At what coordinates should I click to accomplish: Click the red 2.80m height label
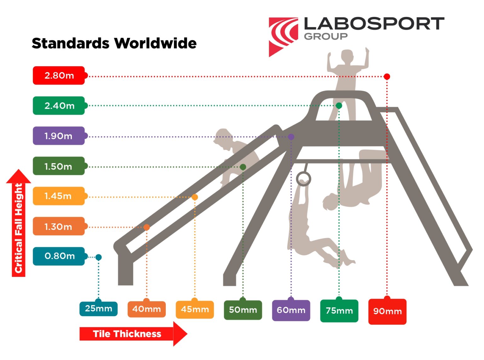[59, 76]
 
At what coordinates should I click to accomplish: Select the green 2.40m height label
[59, 106]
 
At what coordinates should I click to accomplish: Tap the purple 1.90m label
[59, 136]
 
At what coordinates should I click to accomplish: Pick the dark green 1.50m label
[59, 166]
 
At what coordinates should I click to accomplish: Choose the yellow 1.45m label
[59, 196]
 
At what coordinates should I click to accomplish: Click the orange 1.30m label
[59, 226]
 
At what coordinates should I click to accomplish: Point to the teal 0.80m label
[59, 256]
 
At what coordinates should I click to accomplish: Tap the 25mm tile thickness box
[98, 309]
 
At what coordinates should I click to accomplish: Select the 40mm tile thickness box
[147, 309]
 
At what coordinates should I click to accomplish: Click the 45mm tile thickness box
[195, 309]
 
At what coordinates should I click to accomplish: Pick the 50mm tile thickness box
[243, 310]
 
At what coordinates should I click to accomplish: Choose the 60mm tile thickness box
[291, 310]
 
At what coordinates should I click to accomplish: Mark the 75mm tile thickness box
[339, 311]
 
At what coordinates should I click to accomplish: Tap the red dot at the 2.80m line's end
[387, 77]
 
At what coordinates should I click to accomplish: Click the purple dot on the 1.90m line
[291, 137]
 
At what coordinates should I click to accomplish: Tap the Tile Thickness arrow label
[133, 334]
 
